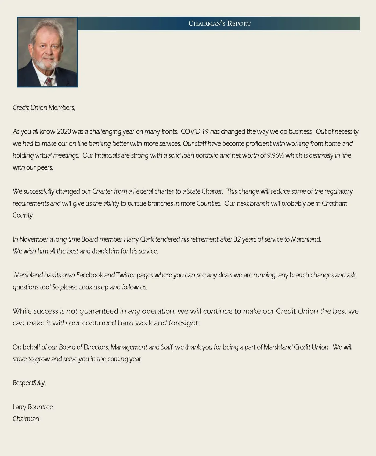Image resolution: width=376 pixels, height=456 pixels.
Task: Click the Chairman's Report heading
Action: [219, 23]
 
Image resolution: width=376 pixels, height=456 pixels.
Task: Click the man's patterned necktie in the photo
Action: [49, 81]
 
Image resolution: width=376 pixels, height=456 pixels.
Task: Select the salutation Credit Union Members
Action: [44, 108]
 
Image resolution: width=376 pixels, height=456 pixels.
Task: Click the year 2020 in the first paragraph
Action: [64, 131]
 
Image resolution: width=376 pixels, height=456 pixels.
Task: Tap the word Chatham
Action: [334, 203]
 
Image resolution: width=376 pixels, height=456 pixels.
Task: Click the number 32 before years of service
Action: [237, 239]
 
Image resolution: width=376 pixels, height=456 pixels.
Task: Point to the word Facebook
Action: [90, 275]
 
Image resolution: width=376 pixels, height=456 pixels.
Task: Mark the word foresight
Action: [183, 323]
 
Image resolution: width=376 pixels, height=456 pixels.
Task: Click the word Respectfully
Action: [29, 383]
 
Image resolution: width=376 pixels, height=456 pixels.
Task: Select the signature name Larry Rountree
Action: [33, 407]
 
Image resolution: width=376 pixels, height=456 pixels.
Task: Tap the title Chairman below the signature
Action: [26, 419]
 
